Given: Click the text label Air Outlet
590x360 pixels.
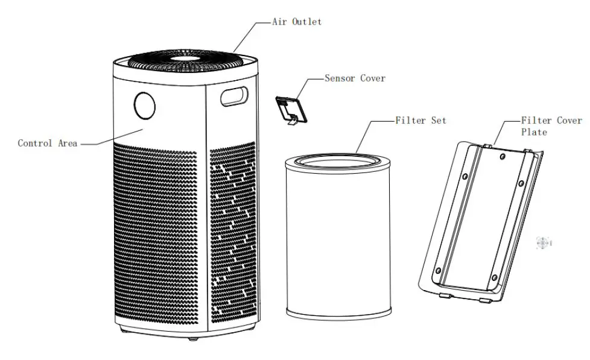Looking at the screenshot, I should click(x=297, y=22).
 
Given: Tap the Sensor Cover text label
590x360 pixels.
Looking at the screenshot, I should click(x=355, y=78).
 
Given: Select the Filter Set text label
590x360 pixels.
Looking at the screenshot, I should click(x=420, y=121).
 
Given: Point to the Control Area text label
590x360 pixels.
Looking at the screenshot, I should click(x=48, y=144).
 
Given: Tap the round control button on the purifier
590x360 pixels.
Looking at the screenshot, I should click(x=144, y=106).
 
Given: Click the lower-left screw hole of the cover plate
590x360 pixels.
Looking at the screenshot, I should click(x=439, y=270).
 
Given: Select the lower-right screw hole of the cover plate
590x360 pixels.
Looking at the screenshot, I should click(x=494, y=277).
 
